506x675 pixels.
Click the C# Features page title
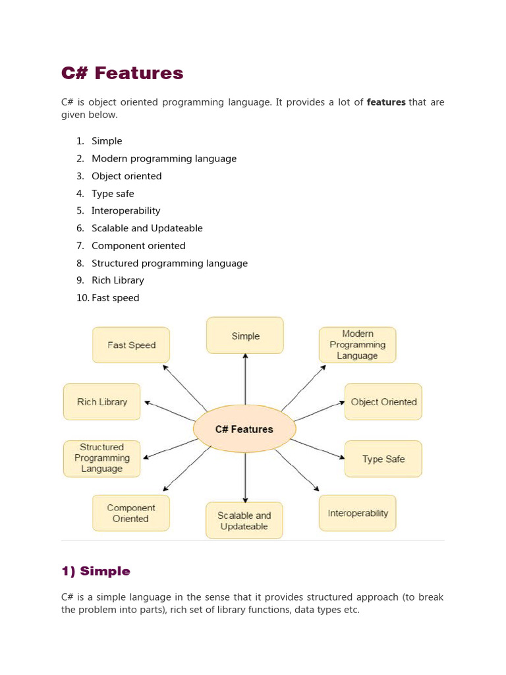(x=122, y=73)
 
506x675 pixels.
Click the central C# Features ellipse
(x=244, y=429)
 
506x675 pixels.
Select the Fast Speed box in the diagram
(x=131, y=345)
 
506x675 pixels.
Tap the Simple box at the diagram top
(x=245, y=336)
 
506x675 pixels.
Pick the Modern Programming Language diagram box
(x=357, y=345)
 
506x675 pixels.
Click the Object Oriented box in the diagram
(x=383, y=401)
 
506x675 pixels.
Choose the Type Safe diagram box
(x=383, y=459)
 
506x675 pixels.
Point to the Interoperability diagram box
(x=358, y=513)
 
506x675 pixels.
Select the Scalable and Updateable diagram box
(x=244, y=521)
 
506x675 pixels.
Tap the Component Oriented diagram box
(x=131, y=513)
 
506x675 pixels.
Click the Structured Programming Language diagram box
(x=102, y=458)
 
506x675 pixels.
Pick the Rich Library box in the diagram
(x=102, y=401)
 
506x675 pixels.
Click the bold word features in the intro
(x=385, y=102)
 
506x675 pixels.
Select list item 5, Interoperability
(x=126, y=211)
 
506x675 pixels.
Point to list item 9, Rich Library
(x=117, y=280)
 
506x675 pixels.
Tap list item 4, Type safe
(x=113, y=194)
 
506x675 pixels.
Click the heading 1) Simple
(x=96, y=571)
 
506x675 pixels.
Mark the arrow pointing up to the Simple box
(x=245, y=379)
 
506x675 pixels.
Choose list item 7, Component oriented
(x=138, y=246)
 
